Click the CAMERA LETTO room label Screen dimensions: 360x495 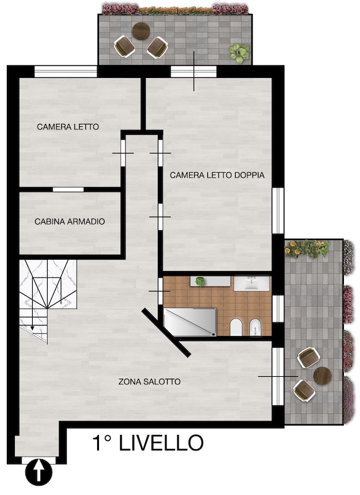[68, 127]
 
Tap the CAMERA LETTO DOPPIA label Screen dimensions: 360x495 [217, 175]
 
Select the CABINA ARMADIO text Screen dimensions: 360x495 [70, 222]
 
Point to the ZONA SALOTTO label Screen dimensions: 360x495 [150, 382]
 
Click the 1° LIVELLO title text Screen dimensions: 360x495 [148, 442]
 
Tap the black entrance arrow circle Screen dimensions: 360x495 [38, 472]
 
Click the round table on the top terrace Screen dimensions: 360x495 [141, 31]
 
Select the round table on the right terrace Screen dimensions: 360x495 [322, 376]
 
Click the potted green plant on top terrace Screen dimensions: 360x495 [239, 53]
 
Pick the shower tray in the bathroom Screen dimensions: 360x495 [191, 322]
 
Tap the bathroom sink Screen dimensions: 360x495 [252, 283]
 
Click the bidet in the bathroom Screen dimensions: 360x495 [255, 328]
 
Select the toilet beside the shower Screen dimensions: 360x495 [236, 327]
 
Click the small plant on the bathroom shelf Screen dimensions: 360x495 [200, 282]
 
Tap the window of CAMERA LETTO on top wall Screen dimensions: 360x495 [66, 71]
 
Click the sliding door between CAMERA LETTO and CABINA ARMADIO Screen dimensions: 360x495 [68, 189]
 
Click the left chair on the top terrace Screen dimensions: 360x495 [124, 46]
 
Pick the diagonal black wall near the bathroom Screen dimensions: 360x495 [166, 333]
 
